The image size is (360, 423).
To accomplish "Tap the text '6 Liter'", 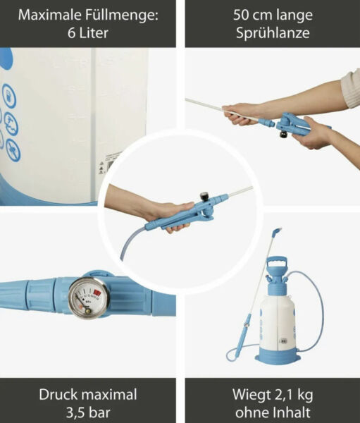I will pos(87,32).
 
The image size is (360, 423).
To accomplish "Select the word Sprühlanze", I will pos(272,32).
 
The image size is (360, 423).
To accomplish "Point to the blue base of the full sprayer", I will pos(278,357).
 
